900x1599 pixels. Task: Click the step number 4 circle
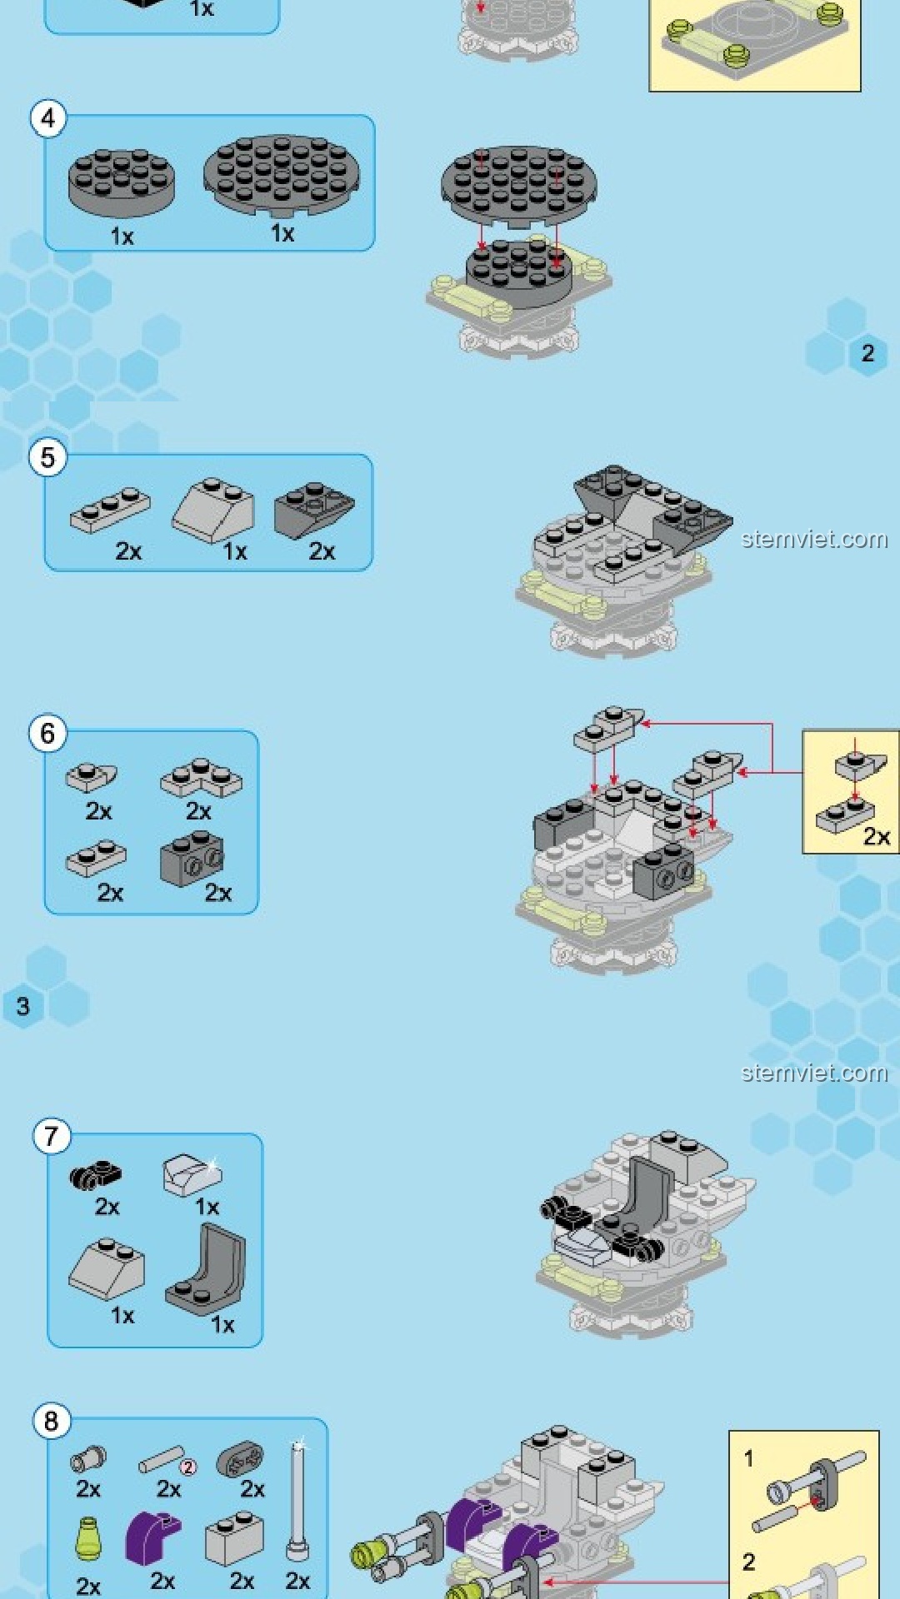(x=48, y=118)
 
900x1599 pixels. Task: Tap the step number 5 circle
(x=48, y=457)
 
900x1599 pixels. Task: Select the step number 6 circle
(x=48, y=734)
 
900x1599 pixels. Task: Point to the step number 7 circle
(x=52, y=1136)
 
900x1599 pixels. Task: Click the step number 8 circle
(x=52, y=1421)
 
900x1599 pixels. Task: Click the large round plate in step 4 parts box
(x=282, y=177)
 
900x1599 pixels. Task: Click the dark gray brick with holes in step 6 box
(x=192, y=858)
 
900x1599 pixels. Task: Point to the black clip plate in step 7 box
(x=96, y=1175)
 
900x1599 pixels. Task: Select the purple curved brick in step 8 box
(x=152, y=1536)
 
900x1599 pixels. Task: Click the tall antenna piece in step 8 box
(x=297, y=1499)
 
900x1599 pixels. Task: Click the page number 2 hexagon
(x=867, y=353)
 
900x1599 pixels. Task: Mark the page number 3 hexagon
(x=23, y=1006)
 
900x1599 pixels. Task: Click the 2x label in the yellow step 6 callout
(x=876, y=836)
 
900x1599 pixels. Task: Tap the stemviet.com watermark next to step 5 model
(x=814, y=539)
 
